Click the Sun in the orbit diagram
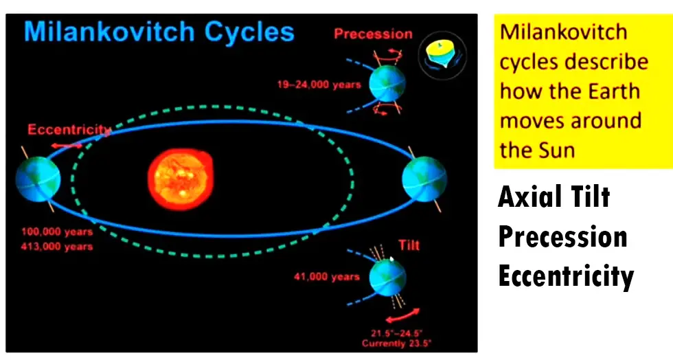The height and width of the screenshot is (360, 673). click(181, 179)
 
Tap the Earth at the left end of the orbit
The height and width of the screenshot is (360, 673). click(38, 179)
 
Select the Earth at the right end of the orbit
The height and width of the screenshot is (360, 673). click(424, 179)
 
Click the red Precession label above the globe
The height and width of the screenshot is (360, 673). click(373, 34)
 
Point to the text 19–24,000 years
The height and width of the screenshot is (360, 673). click(319, 85)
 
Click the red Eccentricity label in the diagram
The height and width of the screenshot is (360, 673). click(69, 129)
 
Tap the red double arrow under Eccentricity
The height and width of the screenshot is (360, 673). click(67, 146)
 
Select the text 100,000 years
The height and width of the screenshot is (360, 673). click(57, 232)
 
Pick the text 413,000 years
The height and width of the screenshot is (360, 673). click(57, 247)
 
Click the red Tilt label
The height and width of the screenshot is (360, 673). click(409, 245)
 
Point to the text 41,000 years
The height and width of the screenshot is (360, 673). click(327, 277)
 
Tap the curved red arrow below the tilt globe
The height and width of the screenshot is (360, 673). click(402, 315)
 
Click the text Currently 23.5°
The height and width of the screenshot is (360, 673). click(397, 344)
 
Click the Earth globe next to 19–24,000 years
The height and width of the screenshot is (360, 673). click(387, 83)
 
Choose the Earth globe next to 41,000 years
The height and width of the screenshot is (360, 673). click(387, 278)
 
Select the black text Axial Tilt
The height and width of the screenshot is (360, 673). click(554, 196)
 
